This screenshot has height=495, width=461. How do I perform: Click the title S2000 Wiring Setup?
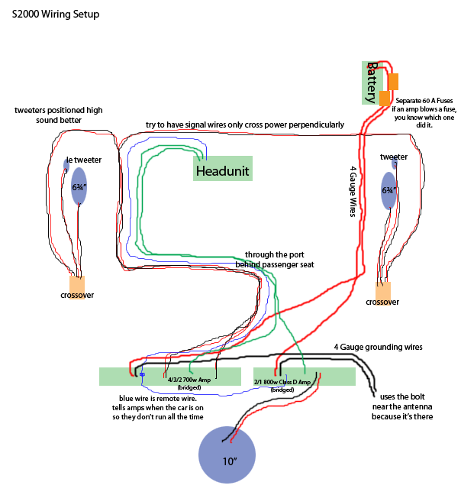(55, 15)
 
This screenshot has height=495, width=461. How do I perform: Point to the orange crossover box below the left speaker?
(77, 286)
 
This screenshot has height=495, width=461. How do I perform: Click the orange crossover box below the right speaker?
(382, 291)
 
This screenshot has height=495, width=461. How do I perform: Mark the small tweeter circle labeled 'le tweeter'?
(66, 164)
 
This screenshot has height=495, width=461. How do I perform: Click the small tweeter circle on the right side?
(395, 163)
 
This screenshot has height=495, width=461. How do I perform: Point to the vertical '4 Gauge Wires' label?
(353, 192)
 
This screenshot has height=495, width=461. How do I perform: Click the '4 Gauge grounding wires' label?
(378, 347)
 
